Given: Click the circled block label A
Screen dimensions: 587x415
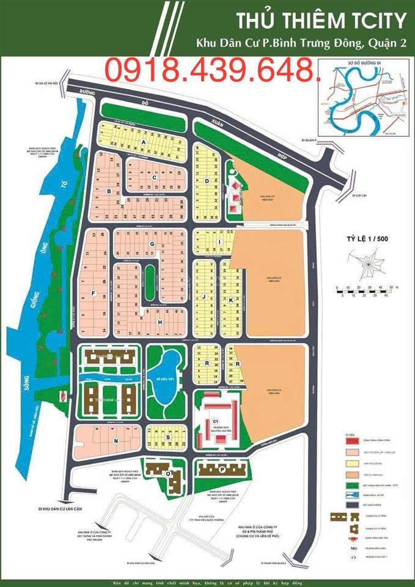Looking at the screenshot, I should coord(144,142).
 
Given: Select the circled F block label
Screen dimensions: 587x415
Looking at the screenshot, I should coord(93,293).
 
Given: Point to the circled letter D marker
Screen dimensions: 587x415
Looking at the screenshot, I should coord(208,181).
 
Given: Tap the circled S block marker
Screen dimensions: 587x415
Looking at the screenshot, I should coord(166,437).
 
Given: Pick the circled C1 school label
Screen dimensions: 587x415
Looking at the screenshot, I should coord(215,421).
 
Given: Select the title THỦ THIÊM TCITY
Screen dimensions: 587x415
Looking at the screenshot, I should coord(320,21).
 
